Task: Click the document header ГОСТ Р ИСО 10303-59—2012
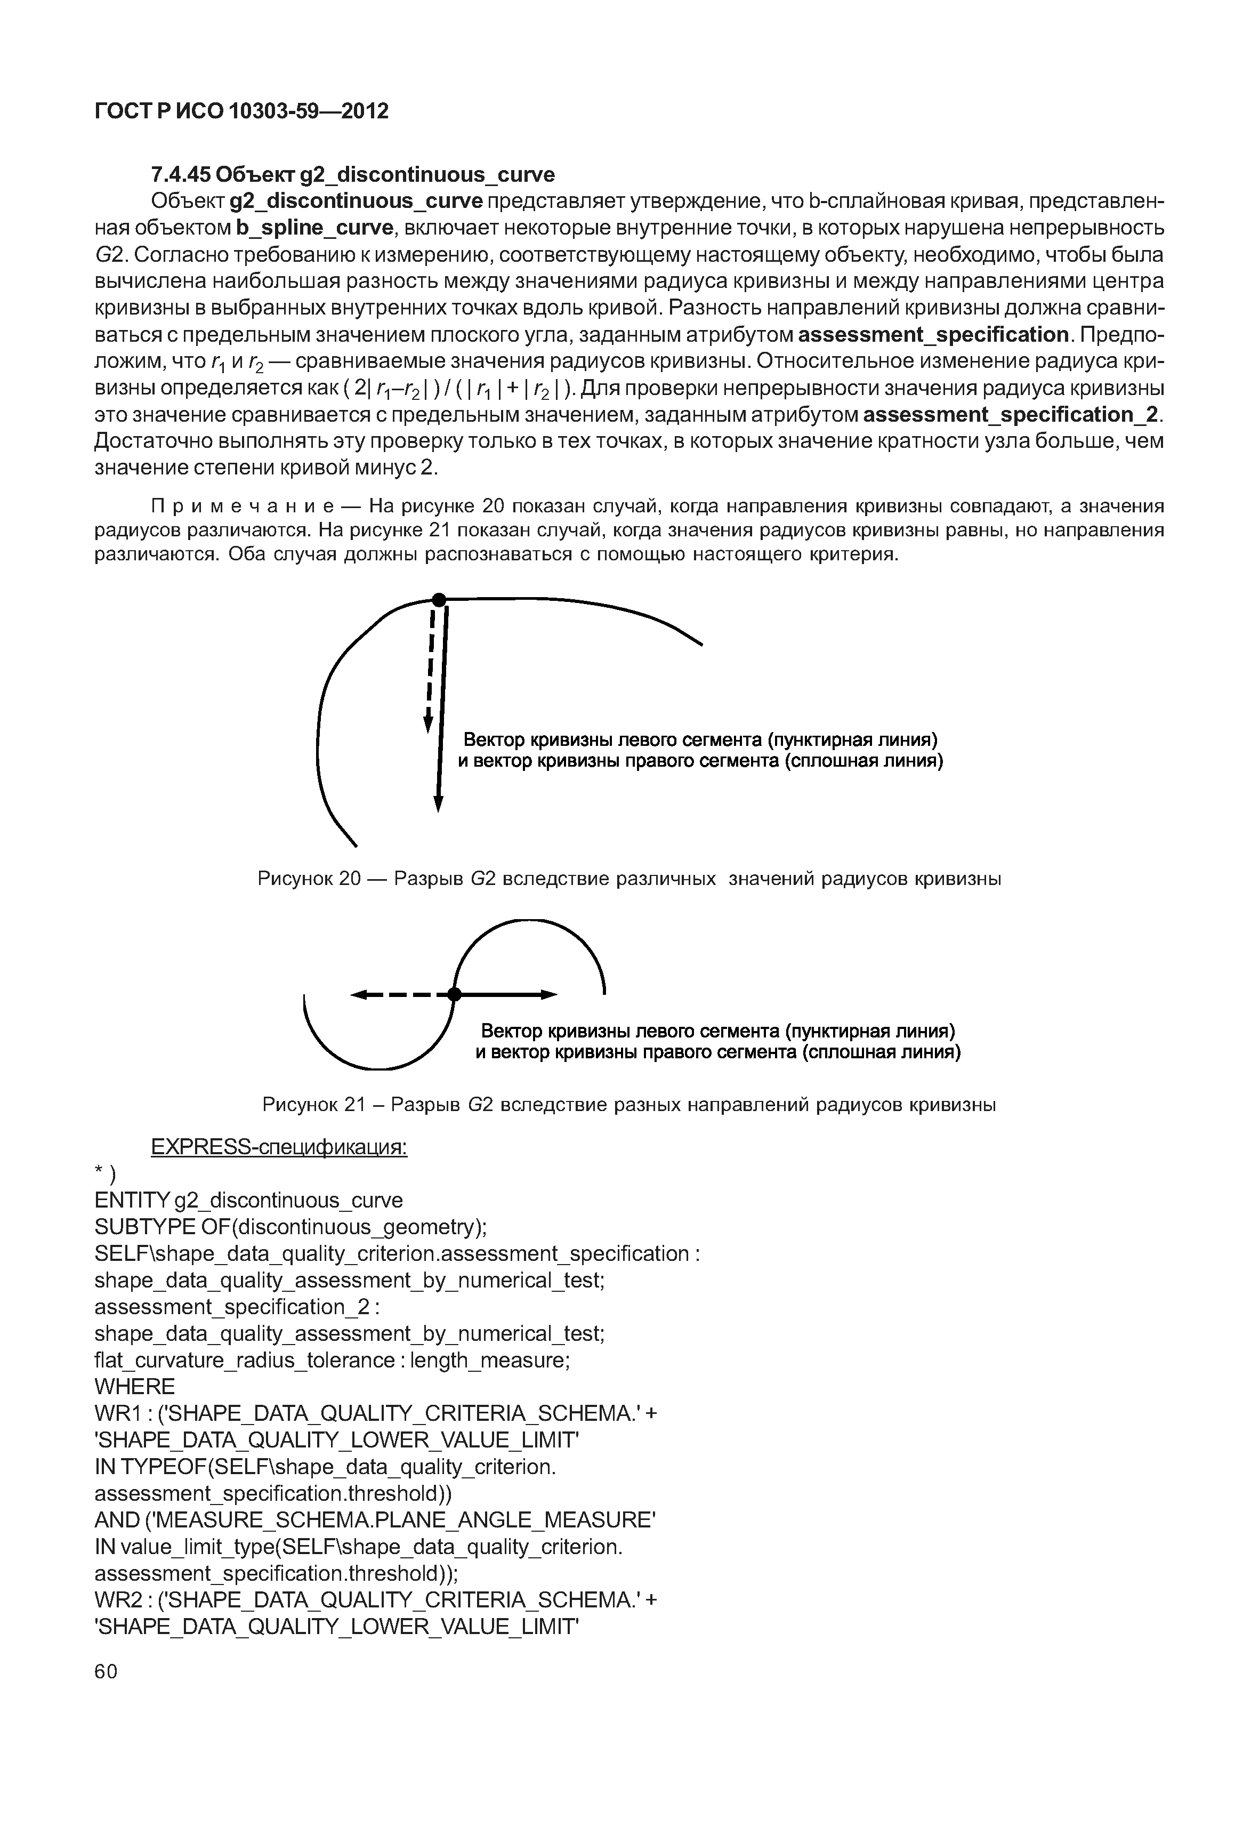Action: (x=241, y=111)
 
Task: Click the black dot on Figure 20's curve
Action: (x=439, y=600)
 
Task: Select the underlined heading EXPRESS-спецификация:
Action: (x=278, y=1147)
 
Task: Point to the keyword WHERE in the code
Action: (x=134, y=1387)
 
